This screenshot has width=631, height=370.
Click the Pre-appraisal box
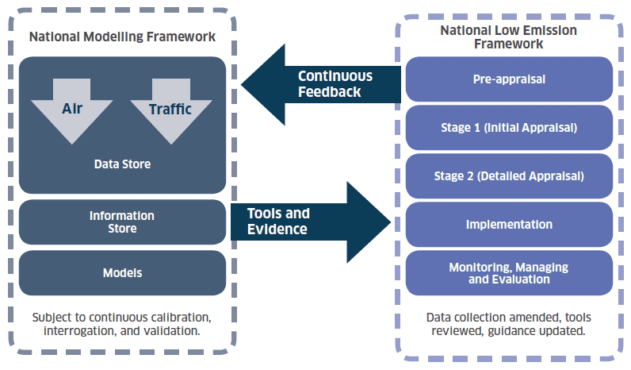[509, 79]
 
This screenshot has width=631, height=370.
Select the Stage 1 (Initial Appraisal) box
[509, 128]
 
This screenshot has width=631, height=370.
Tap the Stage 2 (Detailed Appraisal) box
[509, 176]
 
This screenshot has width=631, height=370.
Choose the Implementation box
[509, 225]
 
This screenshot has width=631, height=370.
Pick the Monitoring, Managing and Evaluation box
[509, 273]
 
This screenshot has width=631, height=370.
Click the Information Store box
[122, 222]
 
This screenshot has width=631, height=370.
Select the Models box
[122, 273]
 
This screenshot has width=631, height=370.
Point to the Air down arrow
[71, 111]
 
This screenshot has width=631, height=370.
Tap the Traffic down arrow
[171, 111]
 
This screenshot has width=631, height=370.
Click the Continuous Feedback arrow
[321, 85]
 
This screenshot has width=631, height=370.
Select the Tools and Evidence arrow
[311, 222]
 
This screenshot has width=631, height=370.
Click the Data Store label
[122, 164]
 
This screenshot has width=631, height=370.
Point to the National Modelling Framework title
[122, 37]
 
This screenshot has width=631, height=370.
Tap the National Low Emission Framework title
[509, 37]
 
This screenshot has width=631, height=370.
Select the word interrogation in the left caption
[80, 331]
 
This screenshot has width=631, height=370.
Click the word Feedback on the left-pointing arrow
[330, 92]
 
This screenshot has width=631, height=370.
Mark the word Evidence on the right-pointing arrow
[277, 229]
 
